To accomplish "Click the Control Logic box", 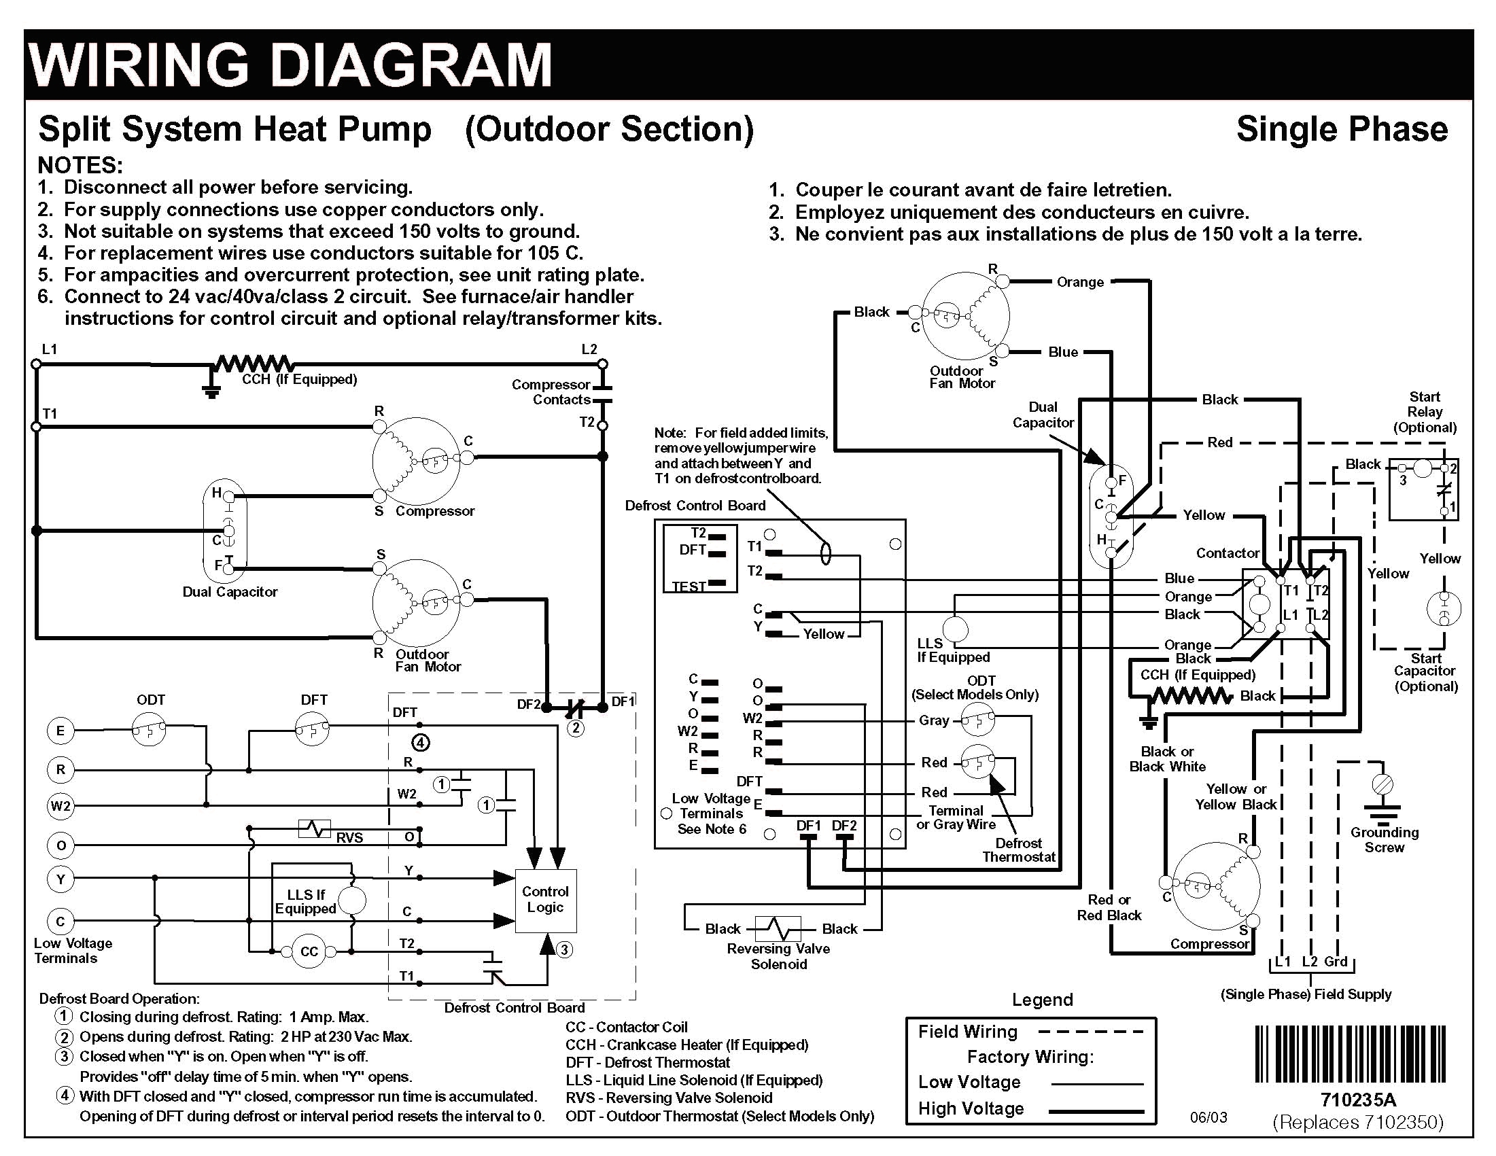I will click(545, 900).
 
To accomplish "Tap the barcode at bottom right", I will click(1350, 1053).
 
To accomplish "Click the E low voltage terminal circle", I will click(60, 731).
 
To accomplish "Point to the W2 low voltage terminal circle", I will click(60, 806).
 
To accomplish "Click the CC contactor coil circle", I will click(309, 951).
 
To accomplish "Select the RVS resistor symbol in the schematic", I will click(315, 829).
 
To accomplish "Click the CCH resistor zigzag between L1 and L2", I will click(254, 364).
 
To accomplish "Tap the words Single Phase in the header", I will click(1341, 129).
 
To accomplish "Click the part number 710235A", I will click(1357, 1100).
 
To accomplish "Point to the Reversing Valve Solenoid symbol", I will click(778, 929).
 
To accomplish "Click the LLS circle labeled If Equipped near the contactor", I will click(956, 629).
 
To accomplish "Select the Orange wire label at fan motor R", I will click(1079, 282).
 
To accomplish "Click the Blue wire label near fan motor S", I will click(1062, 352).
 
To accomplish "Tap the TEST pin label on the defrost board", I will click(688, 586).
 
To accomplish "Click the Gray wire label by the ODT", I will click(934, 720).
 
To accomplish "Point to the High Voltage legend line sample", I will click(1096, 1110).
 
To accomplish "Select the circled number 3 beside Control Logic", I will click(563, 950).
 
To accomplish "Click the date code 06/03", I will click(1208, 1119).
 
